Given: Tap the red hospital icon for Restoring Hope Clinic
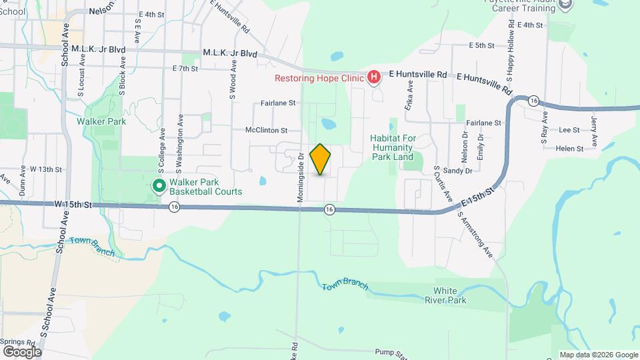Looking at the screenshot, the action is [374, 78].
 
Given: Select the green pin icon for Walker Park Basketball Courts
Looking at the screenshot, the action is [159, 185].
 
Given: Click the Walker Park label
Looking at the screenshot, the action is [101, 121].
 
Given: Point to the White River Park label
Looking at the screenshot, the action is [449, 295].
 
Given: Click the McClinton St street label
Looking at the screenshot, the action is [266, 131].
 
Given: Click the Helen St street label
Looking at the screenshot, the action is [569, 148].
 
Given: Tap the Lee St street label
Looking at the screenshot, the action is [569, 131].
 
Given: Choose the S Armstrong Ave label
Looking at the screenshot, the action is [475, 235].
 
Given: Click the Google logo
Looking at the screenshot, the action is [21, 351].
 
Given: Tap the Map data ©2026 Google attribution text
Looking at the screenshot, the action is [597, 355].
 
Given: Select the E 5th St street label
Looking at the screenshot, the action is [481, 46].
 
